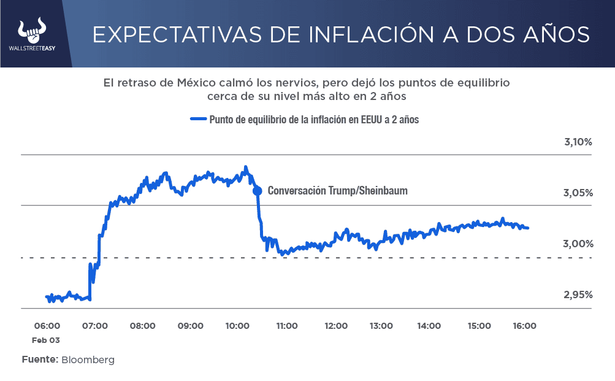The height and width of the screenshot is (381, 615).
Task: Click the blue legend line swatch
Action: click(x=198, y=120)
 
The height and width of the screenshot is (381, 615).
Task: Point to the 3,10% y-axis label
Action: click(x=578, y=142)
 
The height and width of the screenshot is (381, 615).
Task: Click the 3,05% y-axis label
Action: click(x=578, y=193)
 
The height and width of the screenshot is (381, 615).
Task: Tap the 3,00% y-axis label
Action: click(x=578, y=244)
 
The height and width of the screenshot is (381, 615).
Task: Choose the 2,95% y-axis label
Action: click(x=578, y=295)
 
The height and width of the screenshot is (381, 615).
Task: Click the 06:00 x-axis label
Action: click(x=47, y=326)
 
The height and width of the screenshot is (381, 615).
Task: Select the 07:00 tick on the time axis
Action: click(x=94, y=326)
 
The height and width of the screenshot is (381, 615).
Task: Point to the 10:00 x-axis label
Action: click(x=237, y=326)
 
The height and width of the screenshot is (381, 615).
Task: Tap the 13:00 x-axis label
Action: click(x=381, y=326)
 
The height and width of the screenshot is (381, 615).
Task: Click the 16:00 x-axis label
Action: click(x=524, y=326)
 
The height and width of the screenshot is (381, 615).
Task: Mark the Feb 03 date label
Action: click(x=47, y=339)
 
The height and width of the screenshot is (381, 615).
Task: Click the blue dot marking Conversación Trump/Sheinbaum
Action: click(x=257, y=191)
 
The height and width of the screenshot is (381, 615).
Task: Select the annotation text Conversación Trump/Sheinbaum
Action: click(x=337, y=191)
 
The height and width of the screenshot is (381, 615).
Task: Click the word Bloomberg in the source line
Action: click(x=87, y=360)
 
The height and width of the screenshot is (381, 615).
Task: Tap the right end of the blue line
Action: click(x=528, y=228)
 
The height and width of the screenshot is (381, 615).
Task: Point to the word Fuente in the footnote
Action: click(x=39, y=360)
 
